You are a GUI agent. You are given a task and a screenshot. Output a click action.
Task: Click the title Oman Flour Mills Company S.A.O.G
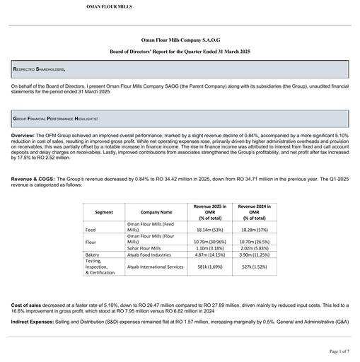point(180,42)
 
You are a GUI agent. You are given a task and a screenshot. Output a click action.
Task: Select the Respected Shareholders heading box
point(180,69)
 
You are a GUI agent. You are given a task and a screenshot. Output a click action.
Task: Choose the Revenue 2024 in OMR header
point(257,211)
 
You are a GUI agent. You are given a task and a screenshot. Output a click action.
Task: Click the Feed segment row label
point(91,230)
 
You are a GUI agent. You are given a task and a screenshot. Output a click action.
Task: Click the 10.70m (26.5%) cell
point(257,242)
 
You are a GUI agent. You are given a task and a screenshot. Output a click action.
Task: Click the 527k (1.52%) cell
point(257,267)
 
